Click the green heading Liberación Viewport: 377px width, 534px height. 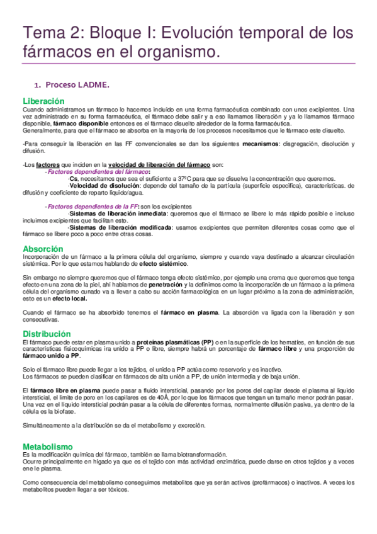coord(43,101)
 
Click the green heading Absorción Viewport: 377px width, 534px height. coord(43,249)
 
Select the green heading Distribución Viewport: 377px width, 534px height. coord(47,333)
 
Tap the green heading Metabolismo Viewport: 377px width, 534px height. coord(47,446)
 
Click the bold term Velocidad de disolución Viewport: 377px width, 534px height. coord(98,185)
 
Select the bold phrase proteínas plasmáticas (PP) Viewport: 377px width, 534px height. coord(174,341)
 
